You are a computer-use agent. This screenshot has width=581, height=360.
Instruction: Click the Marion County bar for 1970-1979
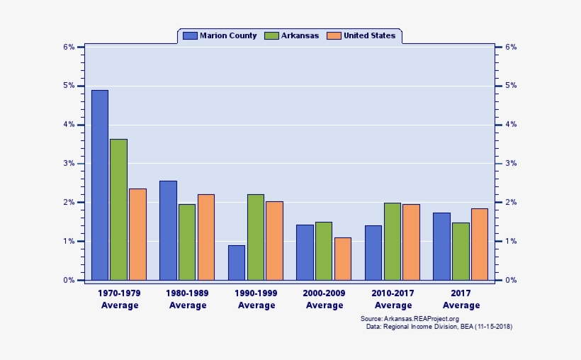click(x=100, y=185)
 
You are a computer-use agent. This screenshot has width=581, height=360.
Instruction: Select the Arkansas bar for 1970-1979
click(x=119, y=209)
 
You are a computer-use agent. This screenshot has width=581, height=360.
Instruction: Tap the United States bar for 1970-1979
click(x=137, y=234)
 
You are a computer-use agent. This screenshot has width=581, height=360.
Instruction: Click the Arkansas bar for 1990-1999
click(x=256, y=237)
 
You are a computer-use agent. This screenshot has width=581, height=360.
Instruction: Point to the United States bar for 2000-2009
click(x=343, y=259)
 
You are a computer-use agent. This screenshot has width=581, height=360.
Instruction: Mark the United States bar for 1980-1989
click(x=206, y=237)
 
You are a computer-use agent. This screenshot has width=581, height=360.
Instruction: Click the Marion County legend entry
click(x=220, y=35)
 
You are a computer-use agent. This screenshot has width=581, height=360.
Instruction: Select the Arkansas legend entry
click(x=292, y=35)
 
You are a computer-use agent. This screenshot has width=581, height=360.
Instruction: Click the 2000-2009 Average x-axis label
click(x=325, y=298)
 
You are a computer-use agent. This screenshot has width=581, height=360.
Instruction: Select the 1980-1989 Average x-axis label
click(x=188, y=298)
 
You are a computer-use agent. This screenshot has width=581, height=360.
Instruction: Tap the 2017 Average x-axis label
click(x=461, y=298)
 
